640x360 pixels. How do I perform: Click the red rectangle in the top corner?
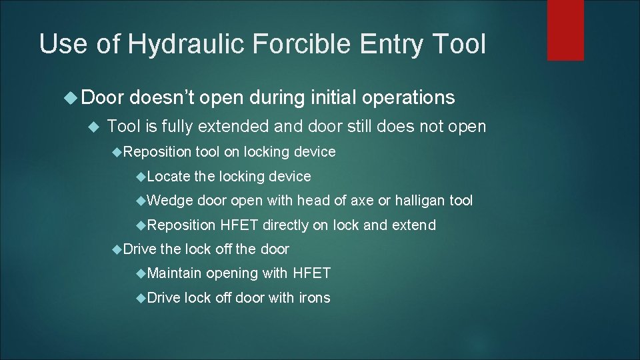point(565,30)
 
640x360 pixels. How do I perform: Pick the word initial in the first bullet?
point(327,98)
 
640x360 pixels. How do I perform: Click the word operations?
point(408,98)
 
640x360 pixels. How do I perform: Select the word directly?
point(285,225)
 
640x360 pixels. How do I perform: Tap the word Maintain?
point(175,273)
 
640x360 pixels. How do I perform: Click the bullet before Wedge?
point(141,201)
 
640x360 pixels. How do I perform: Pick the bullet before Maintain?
point(141,273)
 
